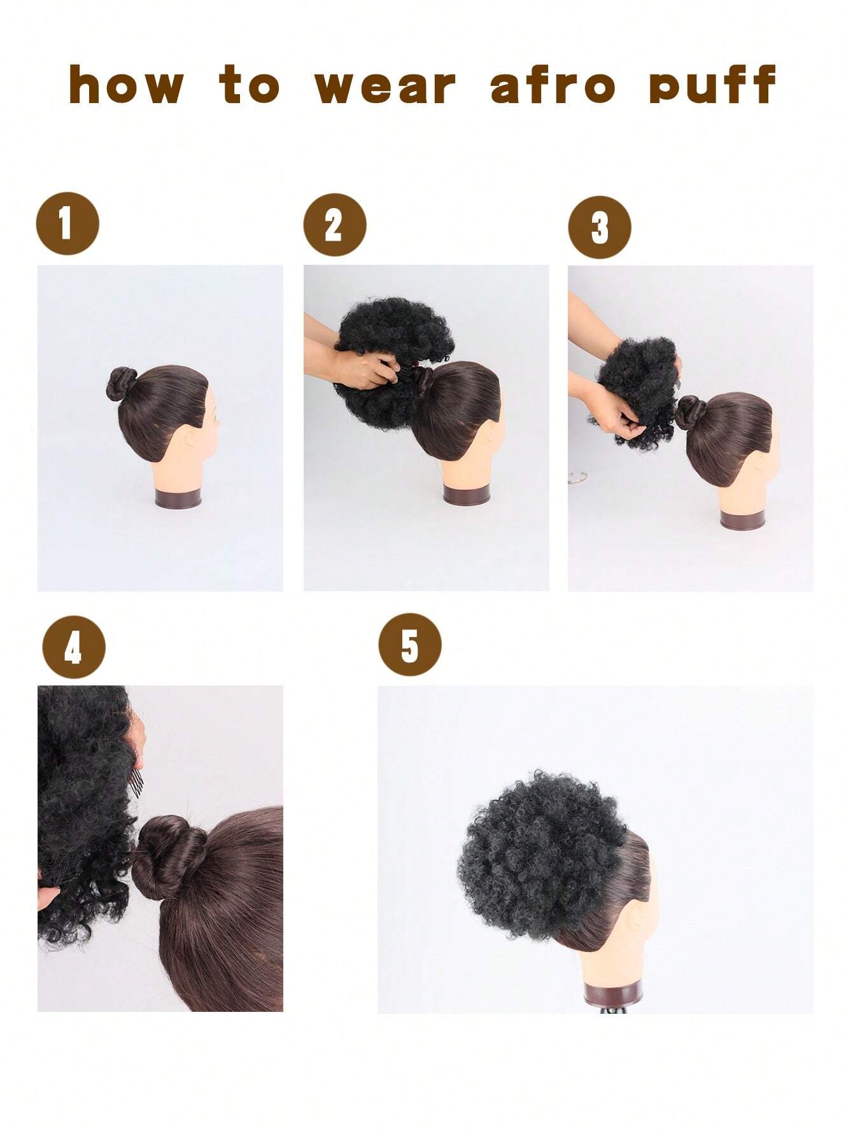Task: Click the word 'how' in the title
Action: pyautogui.click(x=126, y=85)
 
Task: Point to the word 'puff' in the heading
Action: pyautogui.click(x=713, y=85)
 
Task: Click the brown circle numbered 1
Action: pyautogui.click(x=67, y=223)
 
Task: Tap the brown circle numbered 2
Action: pyautogui.click(x=335, y=225)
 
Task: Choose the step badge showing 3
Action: pyautogui.click(x=600, y=227)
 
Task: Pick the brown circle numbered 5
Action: pyautogui.click(x=410, y=645)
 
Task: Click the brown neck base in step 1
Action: pyautogui.click(x=179, y=497)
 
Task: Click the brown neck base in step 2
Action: pyautogui.click(x=467, y=494)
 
